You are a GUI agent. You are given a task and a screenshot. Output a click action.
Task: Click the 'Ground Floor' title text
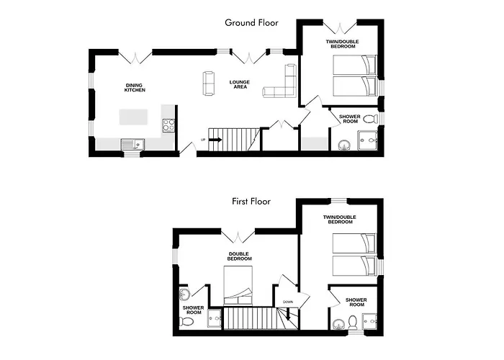[x=251, y=22]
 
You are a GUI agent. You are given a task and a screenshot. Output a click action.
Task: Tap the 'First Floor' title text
[x=251, y=202]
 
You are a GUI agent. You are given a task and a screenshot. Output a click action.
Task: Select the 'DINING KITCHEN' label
[x=135, y=87]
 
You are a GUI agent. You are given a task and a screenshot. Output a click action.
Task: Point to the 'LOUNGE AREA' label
[x=240, y=85]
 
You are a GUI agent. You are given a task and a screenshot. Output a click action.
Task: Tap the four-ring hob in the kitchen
[x=168, y=125]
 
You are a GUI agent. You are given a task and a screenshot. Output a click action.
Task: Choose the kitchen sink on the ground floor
[x=132, y=144]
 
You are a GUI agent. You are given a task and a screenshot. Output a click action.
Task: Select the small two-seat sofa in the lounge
[x=210, y=83]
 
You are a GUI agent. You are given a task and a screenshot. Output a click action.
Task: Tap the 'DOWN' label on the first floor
[x=287, y=302]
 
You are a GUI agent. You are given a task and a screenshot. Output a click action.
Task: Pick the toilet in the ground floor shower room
[x=369, y=119]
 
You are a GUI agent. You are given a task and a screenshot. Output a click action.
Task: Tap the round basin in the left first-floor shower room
[x=185, y=293]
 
